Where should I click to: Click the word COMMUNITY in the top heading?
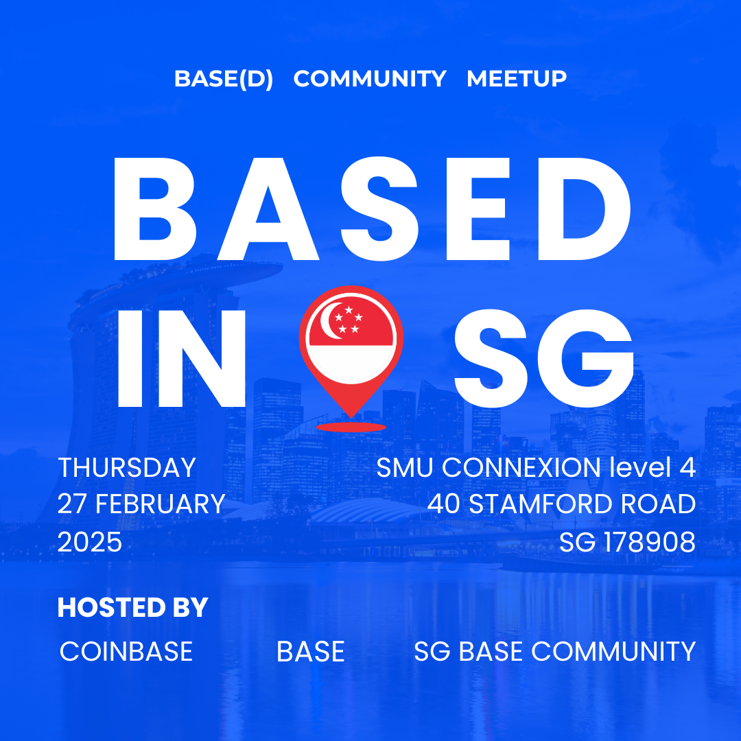[x=370, y=78]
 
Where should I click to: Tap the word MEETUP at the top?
[x=517, y=78]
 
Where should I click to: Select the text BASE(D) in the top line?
[x=224, y=79]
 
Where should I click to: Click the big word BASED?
[x=372, y=209]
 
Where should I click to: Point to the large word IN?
[x=181, y=359]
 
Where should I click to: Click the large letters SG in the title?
[x=543, y=359]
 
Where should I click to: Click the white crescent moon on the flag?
[x=331, y=321]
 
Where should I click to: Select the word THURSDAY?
[x=127, y=467]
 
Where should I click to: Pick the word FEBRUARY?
[x=160, y=504]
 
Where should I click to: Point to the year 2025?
[x=90, y=542]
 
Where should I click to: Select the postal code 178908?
[x=650, y=542]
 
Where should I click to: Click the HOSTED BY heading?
[x=133, y=607]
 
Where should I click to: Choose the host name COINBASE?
[x=126, y=651]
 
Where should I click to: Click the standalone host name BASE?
[x=311, y=651]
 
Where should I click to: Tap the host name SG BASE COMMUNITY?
[x=555, y=651]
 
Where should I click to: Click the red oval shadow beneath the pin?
[x=351, y=427]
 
